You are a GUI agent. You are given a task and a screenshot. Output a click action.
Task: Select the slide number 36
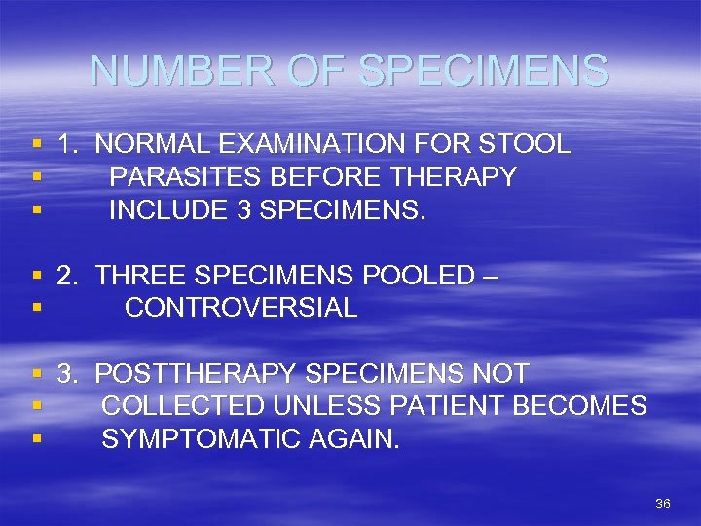pyautogui.click(x=663, y=504)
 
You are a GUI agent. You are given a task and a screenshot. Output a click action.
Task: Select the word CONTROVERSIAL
pyautogui.click(x=240, y=308)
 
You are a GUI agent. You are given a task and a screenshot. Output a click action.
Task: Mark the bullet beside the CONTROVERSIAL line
pyautogui.click(x=36, y=309)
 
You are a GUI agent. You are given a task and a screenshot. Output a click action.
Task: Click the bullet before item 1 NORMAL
pyautogui.click(x=36, y=146)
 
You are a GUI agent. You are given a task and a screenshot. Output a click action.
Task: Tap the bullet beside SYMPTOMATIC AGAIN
pyautogui.click(x=36, y=439)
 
